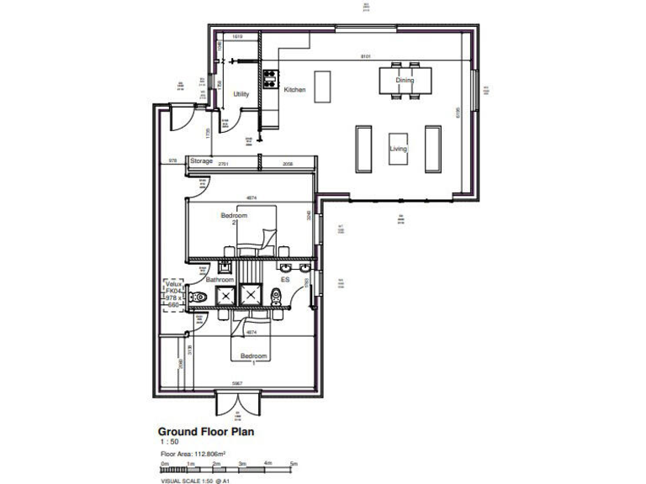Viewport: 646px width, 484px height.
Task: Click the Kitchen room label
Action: coord(294,89)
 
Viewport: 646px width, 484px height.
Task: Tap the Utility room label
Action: coord(241,94)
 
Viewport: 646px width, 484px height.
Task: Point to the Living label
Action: coord(398,148)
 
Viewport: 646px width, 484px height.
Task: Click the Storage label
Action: coord(201,160)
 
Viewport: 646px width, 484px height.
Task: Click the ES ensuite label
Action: coord(285,279)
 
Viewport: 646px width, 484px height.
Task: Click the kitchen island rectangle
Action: coord(322,86)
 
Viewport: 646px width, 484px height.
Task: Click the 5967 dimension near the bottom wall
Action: coord(237,383)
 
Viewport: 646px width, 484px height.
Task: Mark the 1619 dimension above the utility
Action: coord(237,38)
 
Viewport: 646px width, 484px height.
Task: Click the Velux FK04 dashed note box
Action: coord(173,295)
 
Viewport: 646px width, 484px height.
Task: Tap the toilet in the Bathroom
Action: coord(199,297)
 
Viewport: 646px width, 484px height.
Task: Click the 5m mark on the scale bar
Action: coord(294,463)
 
